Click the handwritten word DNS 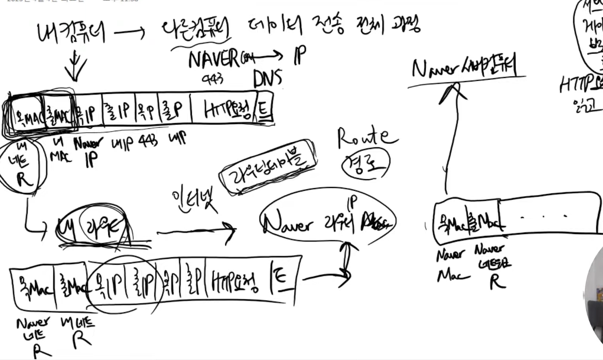tap(268, 78)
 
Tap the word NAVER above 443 tap(213, 60)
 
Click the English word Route tap(367, 138)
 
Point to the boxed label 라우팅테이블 tap(268, 167)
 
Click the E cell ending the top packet tap(264, 107)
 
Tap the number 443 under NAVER tap(213, 79)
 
